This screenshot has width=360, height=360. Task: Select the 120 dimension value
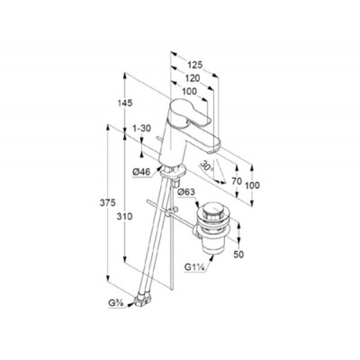click(x=188, y=79)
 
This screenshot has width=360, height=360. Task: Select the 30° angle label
click(x=206, y=166)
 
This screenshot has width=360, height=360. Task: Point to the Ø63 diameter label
click(x=186, y=192)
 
